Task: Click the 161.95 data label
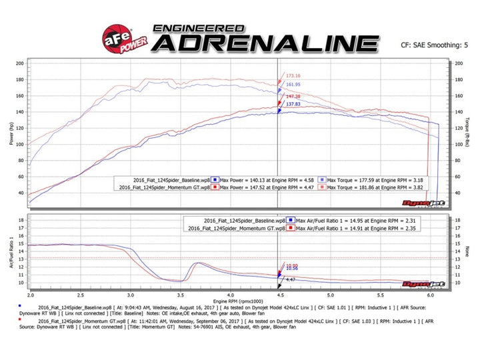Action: [294, 85]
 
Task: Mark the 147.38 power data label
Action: [294, 97]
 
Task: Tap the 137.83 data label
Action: [294, 104]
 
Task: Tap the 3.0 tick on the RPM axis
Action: [130, 294]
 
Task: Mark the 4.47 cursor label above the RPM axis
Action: [291, 280]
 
